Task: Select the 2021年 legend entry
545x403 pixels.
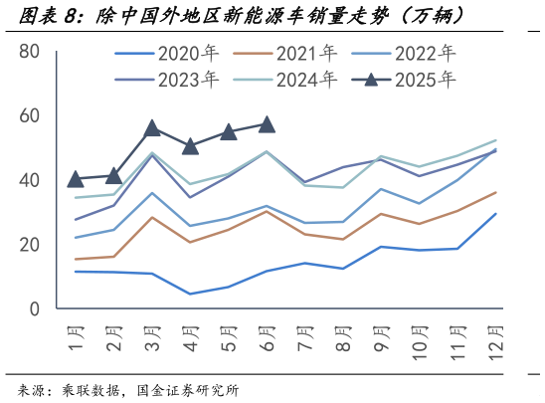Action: click(x=304, y=52)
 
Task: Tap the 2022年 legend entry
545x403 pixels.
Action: click(x=425, y=52)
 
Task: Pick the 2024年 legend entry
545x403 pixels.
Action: click(x=304, y=79)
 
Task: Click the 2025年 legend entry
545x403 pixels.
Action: click(x=425, y=79)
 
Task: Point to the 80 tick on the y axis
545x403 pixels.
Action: click(x=29, y=52)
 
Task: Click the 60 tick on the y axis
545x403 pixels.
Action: click(x=29, y=116)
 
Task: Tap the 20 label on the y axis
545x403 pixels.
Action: click(x=29, y=245)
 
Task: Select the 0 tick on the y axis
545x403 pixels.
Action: click(x=34, y=309)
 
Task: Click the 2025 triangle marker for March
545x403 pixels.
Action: click(x=152, y=128)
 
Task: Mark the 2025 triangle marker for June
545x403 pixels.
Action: click(x=267, y=124)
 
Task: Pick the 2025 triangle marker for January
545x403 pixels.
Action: click(x=76, y=179)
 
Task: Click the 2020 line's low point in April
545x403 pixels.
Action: click(x=190, y=294)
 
